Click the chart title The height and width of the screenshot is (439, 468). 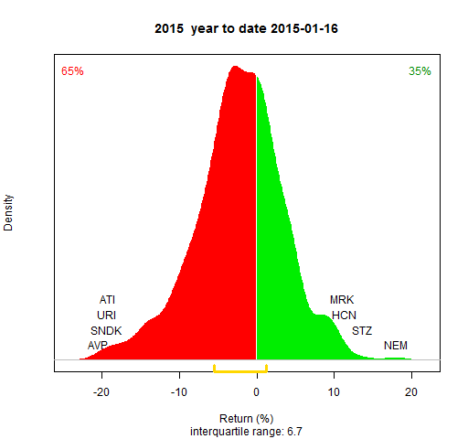(x=246, y=28)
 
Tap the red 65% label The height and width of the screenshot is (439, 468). (x=72, y=71)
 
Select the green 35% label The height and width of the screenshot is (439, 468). (x=420, y=71)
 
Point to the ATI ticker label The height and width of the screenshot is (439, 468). (x=107, y=300)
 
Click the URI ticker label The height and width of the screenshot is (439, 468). (x=106, y=315)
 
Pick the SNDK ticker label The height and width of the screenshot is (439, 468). (x=106, y=330)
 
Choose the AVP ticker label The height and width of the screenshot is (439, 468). (x=98, y=346)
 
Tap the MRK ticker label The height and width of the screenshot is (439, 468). (x=342, y=300)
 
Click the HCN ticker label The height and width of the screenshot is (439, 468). (x=344, y=315)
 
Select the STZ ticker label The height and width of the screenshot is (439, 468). (x=362, y=330)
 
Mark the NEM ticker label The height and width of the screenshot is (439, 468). (x=396, y=346)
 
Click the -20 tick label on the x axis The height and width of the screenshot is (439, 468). (x=101, y=392)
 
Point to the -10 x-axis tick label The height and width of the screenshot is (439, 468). (x=179, y=392)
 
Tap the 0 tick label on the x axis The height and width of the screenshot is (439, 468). (x=257, y=392)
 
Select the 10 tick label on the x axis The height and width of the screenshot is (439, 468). (x=334, y=392)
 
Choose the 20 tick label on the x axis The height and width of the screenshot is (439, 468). (x=411, y=392)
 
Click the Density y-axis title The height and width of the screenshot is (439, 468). (x=8, y=213)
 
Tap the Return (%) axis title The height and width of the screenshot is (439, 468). (x=246, y=419)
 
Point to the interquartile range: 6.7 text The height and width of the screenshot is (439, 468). (x=246, y=432)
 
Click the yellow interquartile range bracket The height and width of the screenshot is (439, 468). (x=240, y=371)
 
